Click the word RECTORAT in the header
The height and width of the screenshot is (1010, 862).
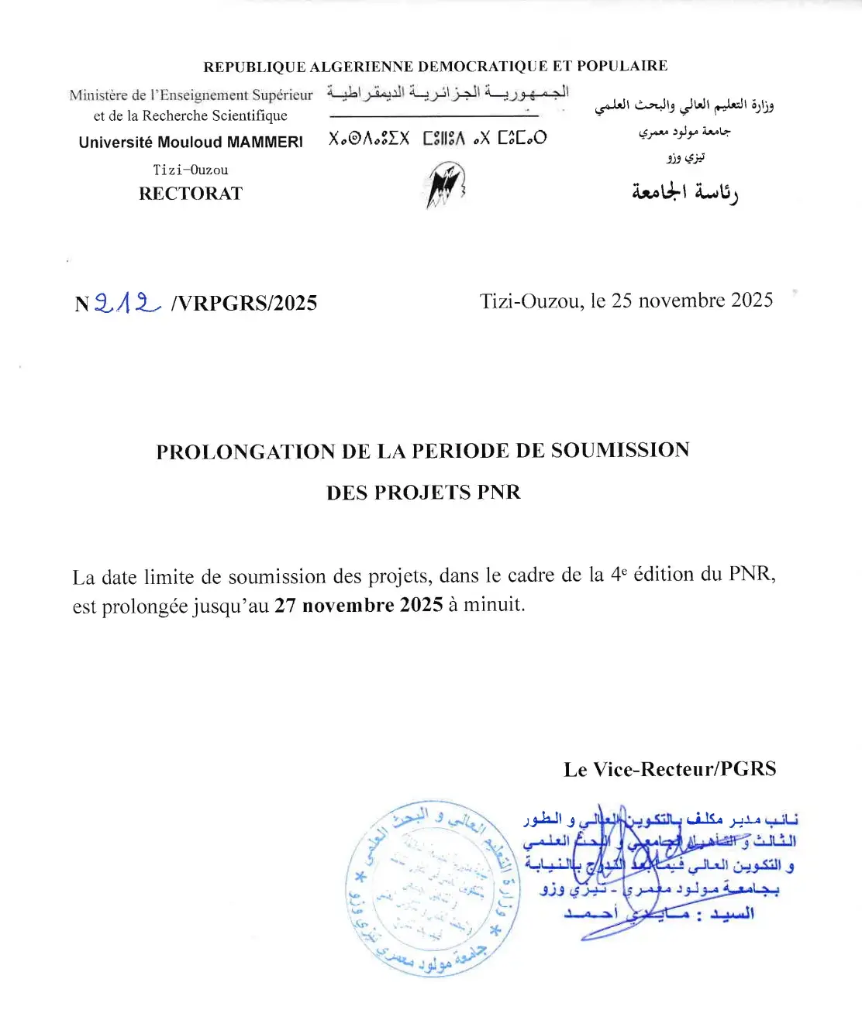tap(191, 194)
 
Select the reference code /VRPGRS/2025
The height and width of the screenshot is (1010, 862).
tap(244, 303)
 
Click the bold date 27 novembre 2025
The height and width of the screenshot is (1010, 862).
tap(359, 605)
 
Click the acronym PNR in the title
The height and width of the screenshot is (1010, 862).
tap(498, 493)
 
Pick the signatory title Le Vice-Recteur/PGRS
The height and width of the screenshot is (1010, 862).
tap(670, 769)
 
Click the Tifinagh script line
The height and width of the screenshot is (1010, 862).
tap(437, 139)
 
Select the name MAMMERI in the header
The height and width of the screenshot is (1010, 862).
tap(264, 143)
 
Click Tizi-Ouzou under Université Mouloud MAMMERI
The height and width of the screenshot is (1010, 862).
tap(191, 170)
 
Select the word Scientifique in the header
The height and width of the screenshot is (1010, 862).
tap(249, 116)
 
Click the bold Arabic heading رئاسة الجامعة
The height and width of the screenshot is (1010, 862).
tap(684, 192)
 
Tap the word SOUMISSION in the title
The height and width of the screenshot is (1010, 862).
tap(620, 451)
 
